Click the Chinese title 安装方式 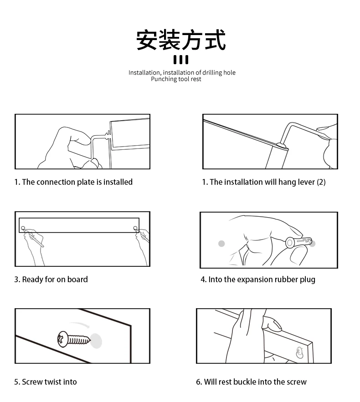pyautogui.click(x=180, y=40)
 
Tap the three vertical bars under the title pyautogui.click(x=180, y=60)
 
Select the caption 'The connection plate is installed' pyautogui.click(x=77, y=182)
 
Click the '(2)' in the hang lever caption pyautogui.click(x=321, y=182)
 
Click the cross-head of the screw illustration pyautogui.click(x=62, y=339)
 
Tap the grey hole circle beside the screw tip pyautogui.click(x=96, y=341)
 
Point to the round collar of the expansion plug pyautogui.click(x=290, y=242)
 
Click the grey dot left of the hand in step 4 pyautogui.click(x=221, y=244)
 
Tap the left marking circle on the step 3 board pyautogui.click(x=23, y=228)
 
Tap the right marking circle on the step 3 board pyautogui.click(x=135, y=228)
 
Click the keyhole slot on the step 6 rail pyautogui.click(x=299, y=352)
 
